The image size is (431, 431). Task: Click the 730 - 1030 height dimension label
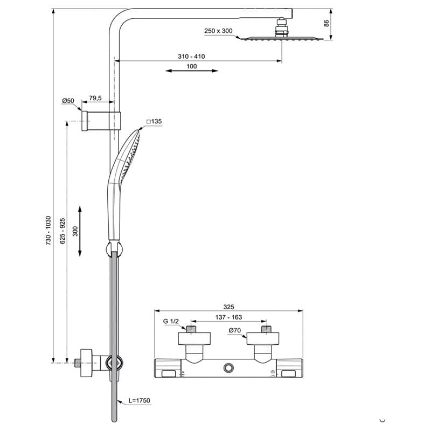(x=48, y=231)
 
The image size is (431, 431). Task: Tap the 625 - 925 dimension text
(x=62, y=231)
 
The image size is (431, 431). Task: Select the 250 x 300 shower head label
(x=218, y=31)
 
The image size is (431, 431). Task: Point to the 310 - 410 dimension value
(x=191, y=57)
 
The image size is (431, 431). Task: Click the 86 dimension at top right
(x=326, y=23)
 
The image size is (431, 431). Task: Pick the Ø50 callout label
(x=68, y=101)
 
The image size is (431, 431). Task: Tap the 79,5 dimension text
(x=95, y=98)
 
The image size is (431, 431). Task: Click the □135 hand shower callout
(x=154, y=121)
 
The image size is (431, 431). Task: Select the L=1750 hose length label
(x=140, y=400)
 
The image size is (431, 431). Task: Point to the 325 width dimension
(x=228, y=307)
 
